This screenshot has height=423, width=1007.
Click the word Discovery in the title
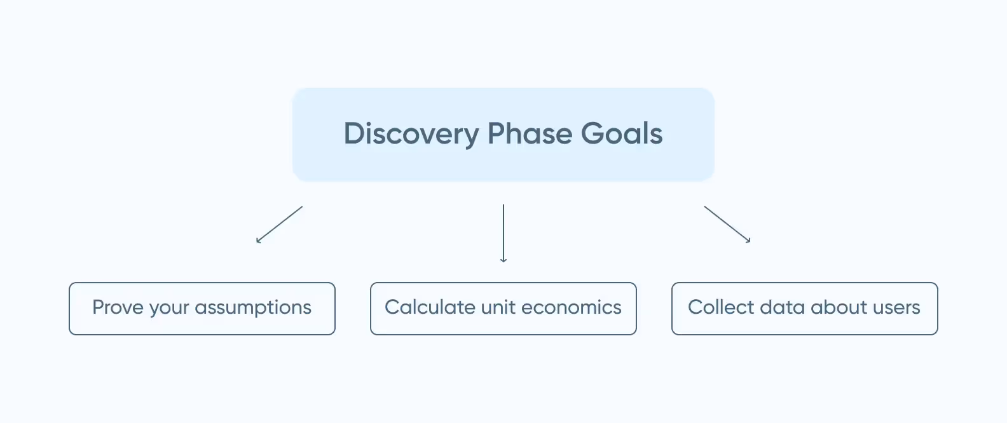point(411,134)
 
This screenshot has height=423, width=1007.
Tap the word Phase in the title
point(530,134)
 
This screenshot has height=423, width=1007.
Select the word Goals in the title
point(622,134)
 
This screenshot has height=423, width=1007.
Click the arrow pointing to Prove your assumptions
point(280,224)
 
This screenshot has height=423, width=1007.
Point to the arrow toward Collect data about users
point(727,224)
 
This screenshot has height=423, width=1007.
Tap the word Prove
point(118,307)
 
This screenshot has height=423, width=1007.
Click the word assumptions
point(253,308)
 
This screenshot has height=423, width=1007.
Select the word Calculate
point(430,307)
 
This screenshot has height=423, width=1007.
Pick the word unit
point(498,307)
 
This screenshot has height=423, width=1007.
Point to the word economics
point(572,307)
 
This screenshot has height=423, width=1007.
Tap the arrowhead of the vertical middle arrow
point(503,260)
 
